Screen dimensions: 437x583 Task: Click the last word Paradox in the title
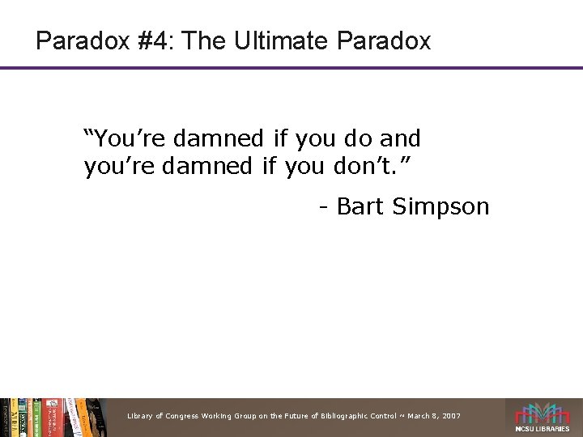point(385,40)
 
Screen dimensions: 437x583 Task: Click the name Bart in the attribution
point(360,207)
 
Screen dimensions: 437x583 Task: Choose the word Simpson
point(440,207)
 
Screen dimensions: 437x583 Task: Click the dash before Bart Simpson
point(323,208)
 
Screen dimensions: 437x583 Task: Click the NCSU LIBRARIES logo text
point(543,430)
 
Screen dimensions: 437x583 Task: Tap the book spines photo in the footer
point(53,418)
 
